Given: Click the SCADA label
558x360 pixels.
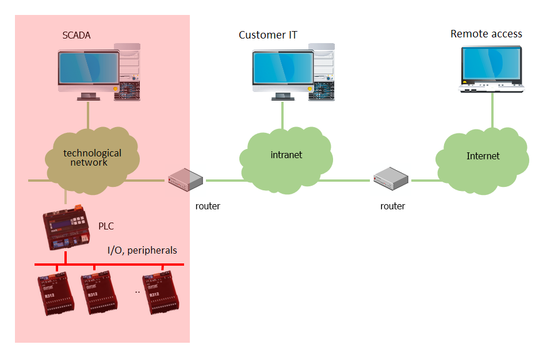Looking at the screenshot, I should [77, 36].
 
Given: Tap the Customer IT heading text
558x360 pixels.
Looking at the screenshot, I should [268, 35].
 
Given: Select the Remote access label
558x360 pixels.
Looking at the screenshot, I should [486, 34].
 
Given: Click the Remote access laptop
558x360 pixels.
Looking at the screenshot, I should [492, 69].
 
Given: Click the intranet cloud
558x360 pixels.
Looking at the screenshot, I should [286, 155].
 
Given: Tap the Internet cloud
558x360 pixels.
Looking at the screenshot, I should [483, 156].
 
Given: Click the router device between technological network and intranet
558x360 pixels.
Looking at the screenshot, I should [186, 180].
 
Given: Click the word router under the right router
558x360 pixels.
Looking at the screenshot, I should [392, 206].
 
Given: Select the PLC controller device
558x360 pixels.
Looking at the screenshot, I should [66, 230].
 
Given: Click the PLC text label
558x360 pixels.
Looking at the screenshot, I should [106, 226].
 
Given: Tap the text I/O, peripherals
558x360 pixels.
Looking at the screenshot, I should [142, 251].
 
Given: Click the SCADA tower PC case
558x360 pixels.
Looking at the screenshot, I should [127, 71].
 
